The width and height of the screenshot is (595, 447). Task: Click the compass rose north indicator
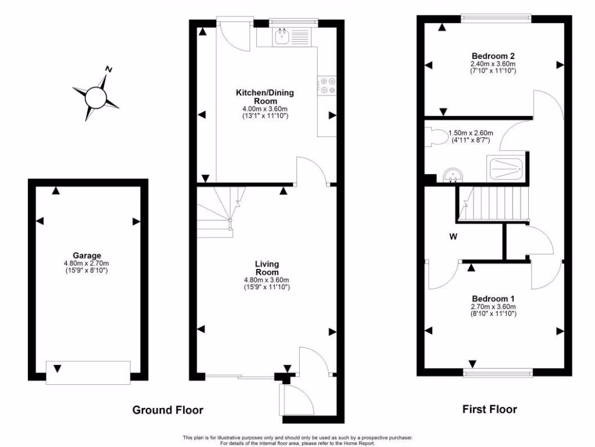[x=108, y=69]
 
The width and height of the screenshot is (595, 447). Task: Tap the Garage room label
[x=87, y=255]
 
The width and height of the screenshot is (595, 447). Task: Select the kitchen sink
[x=282, y=38]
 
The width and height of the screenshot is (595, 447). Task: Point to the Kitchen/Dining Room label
[x=265, y=97]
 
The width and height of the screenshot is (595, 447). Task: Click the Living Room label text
[x=267, y=268]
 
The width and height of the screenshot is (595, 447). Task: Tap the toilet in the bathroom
[x=439, y=137]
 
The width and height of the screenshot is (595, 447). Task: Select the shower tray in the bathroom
[x=507, y=169]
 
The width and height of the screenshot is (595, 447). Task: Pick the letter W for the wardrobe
[x=451, y=236]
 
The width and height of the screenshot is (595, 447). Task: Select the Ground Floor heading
[x=168, y=410]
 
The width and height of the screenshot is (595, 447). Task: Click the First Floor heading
[x=489, y=409]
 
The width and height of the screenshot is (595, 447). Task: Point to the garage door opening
[x=88, y=372]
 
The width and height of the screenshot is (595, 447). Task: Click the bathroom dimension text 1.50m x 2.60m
[x=469, y=133]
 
